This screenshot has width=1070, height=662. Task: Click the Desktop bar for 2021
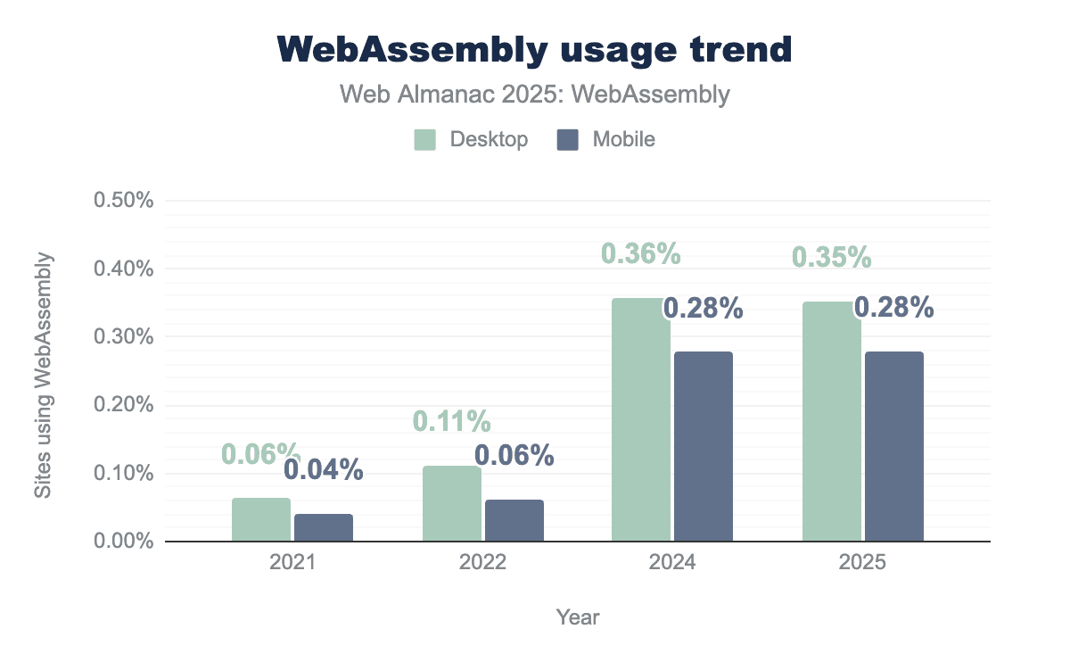click(x=261, y=520)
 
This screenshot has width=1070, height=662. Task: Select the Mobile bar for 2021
click(x=324, y=528)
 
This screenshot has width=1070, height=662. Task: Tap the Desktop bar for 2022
click(x=452, y=504)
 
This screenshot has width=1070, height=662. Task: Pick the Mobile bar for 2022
click(x=514, y=521)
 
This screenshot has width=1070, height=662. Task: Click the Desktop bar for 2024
click(x=641, y=419)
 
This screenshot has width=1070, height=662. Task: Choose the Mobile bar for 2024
click(x=704, y=446)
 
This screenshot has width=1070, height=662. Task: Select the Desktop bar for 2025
click(x=832, y=421)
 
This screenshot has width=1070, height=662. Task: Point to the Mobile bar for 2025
click(x=894, y=446)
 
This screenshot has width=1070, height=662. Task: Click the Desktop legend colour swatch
click(x=424, y=140)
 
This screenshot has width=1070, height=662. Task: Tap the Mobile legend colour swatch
click(x=568, y=140)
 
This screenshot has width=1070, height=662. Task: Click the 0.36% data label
click(x=641, y=253)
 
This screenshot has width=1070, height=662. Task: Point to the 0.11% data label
click(x=452, y=421)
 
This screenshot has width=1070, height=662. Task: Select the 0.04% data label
click(x=324, y=469)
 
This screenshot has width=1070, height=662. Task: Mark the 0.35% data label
click(x=832, y=257)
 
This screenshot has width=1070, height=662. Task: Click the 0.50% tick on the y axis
click(x=124, y=200)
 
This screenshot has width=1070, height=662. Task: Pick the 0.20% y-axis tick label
click(x=124, y=405)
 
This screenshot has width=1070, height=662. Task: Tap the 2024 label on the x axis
click(x=673, y=564)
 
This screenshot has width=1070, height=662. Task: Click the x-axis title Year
click(x=578, y=616)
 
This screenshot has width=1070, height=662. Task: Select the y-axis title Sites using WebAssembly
click(x=43, y=375)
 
